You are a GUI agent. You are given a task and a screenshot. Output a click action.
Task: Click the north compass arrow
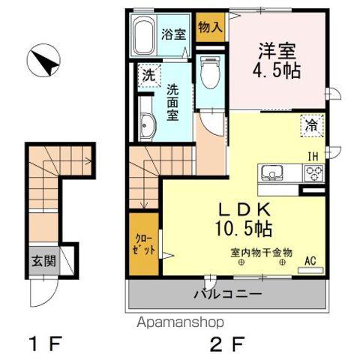point(44,61)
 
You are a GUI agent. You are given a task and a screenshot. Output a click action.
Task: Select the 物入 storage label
point(211,28)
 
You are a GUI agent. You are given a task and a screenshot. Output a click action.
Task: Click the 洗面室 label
point(172,100)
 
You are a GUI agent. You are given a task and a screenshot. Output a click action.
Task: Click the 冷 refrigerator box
point(310,125)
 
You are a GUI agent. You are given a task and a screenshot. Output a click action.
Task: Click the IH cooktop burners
point(313,173)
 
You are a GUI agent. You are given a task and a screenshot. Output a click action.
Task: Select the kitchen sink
point(272,173)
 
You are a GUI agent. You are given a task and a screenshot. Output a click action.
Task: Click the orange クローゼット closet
point(142,244)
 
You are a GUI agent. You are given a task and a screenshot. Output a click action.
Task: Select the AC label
point(310,262)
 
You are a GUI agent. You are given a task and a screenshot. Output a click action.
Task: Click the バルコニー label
point(229,294)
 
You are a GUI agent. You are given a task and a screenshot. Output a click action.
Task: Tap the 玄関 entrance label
point(43,262)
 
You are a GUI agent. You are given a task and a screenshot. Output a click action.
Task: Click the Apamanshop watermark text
point(180,322)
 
